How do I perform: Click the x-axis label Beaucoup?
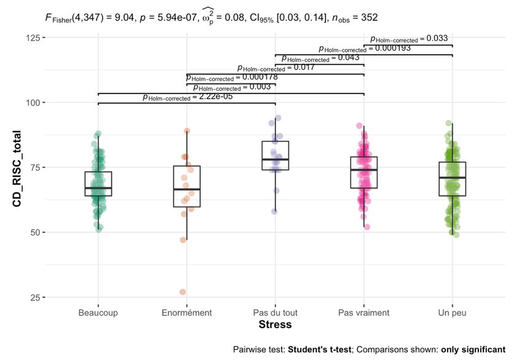click(98, 313)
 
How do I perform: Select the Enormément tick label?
click(187, 313)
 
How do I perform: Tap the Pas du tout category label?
click(275, 313)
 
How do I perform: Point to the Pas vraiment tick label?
click(364, 313)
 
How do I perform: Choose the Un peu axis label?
click(452, 313)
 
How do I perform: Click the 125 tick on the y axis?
click(34, 38)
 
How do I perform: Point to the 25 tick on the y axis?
click(36, 297)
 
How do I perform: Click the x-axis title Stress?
click(275, 324)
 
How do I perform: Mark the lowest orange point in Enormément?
click(183, 292)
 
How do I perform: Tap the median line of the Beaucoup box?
click(98, 188)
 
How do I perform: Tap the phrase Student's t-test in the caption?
click(319, 349)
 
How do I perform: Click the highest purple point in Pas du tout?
click(278, 118)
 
